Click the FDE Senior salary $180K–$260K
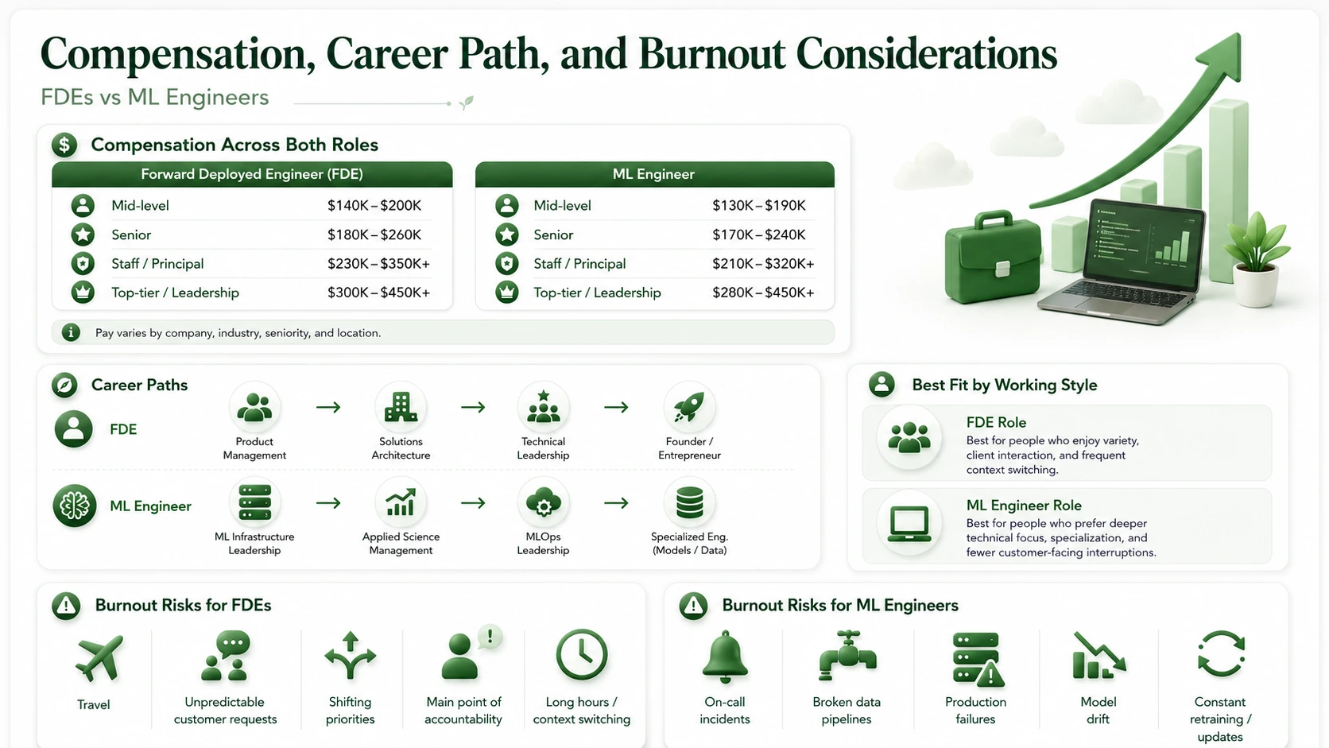point(374,235)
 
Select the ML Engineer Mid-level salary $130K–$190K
point(759,206)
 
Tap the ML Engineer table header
point(654,174)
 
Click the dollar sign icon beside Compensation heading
point(64,145)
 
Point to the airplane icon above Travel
point(99,658)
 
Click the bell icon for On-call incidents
point(724,657)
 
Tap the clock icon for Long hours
point(582,655)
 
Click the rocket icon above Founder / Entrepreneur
point(689,408)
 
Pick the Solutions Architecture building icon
point(401,408)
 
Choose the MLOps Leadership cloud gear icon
point(543,503)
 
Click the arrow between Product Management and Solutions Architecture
point(328,407)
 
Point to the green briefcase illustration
point(994,256)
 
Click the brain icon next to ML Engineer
point(74,506)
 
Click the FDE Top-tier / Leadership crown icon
point(83,293)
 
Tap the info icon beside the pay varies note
point(71,332)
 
